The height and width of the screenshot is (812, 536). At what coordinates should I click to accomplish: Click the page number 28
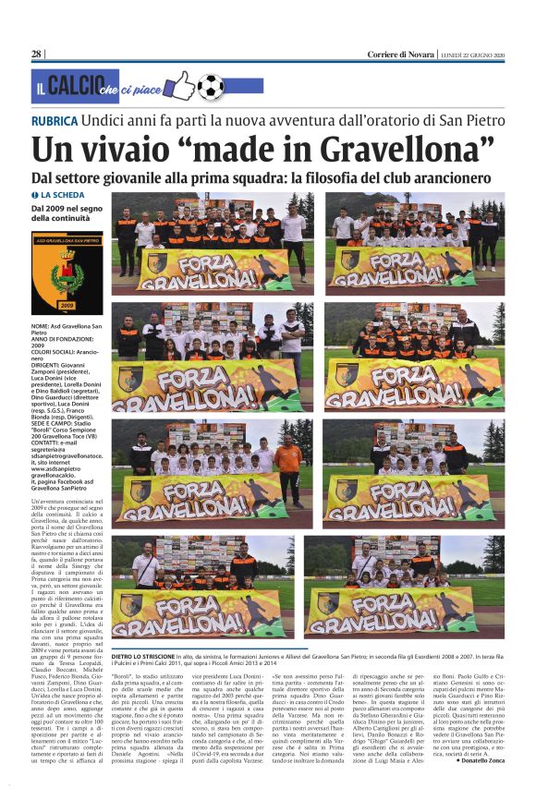click(x=36, y=54)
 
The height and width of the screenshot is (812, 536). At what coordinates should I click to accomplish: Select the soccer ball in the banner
click(x=210, y=86)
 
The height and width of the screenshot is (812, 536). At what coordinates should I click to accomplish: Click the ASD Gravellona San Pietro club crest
click(x=67, y=272)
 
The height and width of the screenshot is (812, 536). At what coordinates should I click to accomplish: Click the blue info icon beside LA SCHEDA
click(x=35, y=196)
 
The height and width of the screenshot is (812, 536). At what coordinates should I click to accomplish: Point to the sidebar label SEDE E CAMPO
click(x=55, y=411)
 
